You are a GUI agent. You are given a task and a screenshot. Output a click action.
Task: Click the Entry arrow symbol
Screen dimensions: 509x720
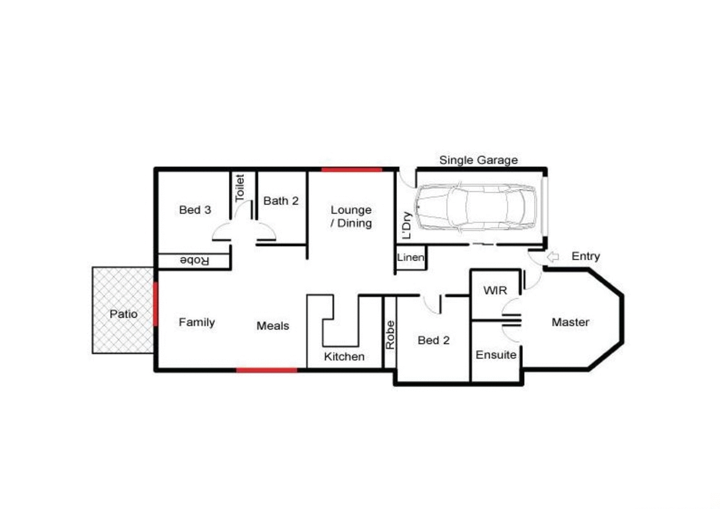click(x=553, y=257)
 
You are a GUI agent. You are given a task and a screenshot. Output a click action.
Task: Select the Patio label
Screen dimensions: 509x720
click(x=123, y=314)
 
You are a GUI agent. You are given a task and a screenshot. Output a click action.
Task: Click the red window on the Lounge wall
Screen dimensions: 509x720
click(x=351, y=170)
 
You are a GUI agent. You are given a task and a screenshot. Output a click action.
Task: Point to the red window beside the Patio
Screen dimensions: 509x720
click(x=156, y=304)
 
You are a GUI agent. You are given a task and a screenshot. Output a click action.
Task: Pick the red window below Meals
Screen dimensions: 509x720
click(x=266, y=370)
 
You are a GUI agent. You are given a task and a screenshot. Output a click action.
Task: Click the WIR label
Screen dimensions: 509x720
click(x=495, y=291)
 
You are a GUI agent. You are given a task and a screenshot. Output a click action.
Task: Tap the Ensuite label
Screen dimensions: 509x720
click(x=496, y=355)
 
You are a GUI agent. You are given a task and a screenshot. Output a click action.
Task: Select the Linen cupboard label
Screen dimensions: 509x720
click(x=410, y=257)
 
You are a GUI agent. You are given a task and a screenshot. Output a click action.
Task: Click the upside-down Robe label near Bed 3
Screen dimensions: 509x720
click(x=194, y=261)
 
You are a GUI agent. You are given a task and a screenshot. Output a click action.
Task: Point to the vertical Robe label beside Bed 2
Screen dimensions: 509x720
click(x=390, y=335)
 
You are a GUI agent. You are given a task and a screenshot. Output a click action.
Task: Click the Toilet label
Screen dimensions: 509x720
click(x=240, y=188)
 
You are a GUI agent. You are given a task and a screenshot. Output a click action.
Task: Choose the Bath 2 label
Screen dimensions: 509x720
click(x=281, y=201)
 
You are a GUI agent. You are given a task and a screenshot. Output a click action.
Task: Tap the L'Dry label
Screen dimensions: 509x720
click(x=407, y=225)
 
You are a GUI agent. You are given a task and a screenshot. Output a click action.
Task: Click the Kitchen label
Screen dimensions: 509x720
click(x=344, y=356)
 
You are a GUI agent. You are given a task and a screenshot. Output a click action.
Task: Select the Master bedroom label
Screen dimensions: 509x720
click(x=570, y=322)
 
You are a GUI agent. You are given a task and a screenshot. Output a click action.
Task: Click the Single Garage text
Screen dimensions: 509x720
click(x=478, y=160)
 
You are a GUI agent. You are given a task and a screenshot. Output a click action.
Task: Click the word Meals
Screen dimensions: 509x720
click(x=273, y=326)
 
